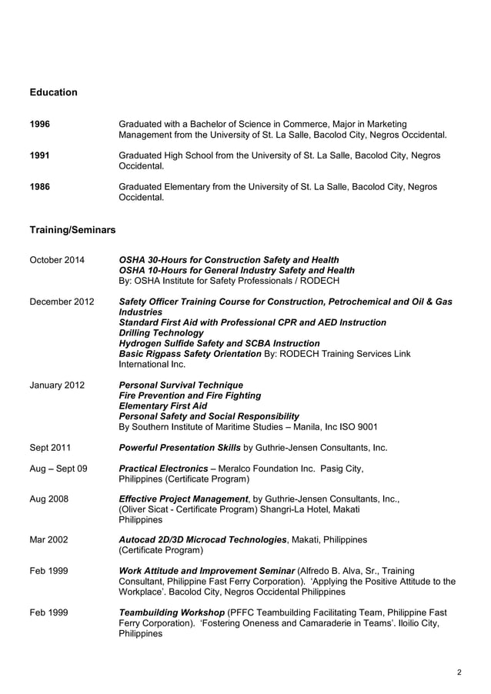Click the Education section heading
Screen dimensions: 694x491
pos(53,92)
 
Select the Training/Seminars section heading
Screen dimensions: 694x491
pos(72,230)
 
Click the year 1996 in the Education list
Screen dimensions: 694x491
pos(40,124)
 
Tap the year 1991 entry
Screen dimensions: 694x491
pos(40,155)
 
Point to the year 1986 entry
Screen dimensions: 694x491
pos(40,187)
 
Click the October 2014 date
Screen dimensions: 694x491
pos(57,260)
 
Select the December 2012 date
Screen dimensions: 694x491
pos(62,302)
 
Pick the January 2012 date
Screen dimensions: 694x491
pos(57,385)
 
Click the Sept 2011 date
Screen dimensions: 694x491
pos(51,447)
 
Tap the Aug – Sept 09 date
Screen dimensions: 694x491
pos(58,468)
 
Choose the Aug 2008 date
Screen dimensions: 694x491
pos(48,499)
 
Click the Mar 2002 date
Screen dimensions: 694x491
pos(48,539)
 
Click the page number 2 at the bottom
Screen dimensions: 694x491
pos(459,672)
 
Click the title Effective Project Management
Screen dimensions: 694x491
pos(185,499)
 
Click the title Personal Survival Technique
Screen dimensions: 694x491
pos(181,385)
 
